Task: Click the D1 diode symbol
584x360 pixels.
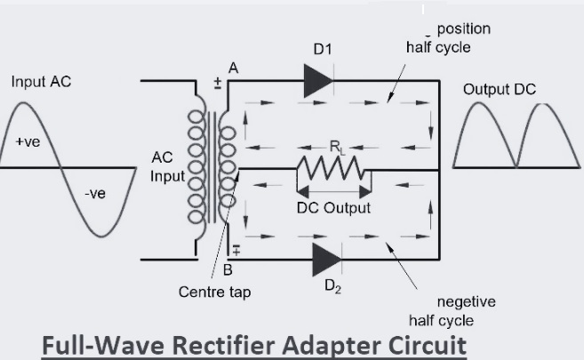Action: click(317, 81)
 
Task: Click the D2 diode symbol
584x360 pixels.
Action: click(327, 260)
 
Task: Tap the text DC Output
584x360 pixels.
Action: click(333, 208)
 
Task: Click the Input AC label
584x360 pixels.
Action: click(41, 82)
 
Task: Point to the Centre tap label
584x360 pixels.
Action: click(215, 292)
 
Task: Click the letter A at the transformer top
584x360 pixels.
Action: click(233, 68)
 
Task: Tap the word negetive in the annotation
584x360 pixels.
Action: click(467, 301)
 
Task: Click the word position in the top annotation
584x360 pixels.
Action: click(463, 28)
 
